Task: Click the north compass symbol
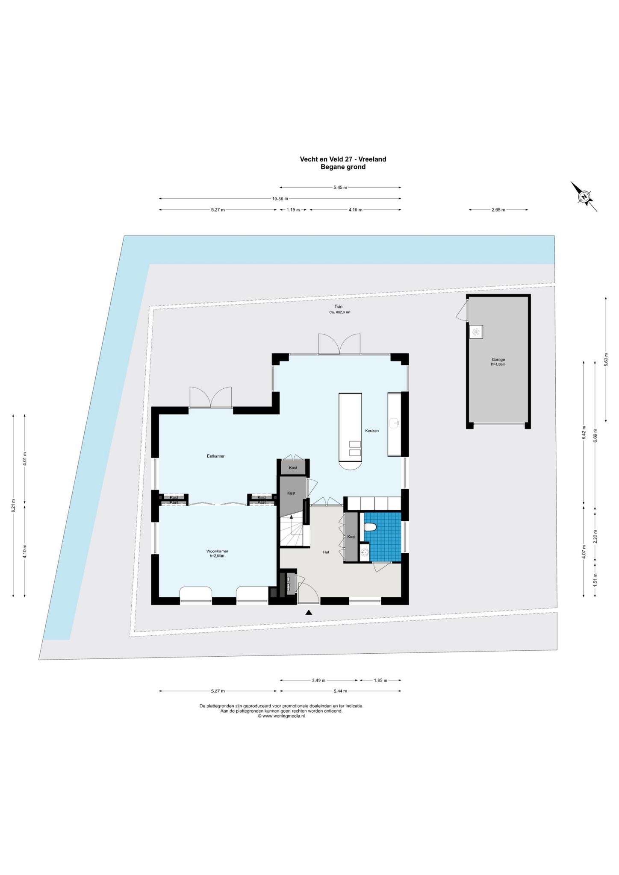(x=584, y=197)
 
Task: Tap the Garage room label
(x=498, y=360)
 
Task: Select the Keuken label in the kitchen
(x=371, y=431)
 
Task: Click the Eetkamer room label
(x=215, y=456)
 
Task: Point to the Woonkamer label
(x=217, y=551)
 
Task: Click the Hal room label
(x=326, y=552)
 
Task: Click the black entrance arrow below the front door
(x=309, y=613)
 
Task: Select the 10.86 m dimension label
(x=280, y=198)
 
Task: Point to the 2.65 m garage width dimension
(x=498, y=210)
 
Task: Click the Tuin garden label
(x=339, y=306)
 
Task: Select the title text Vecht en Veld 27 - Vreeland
(x=343, y=159)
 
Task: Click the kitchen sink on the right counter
(x=395, y=423)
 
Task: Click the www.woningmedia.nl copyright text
(x=281, y=716)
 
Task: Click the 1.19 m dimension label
(x=293, y=210)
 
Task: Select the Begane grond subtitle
(x=343, y=167)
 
